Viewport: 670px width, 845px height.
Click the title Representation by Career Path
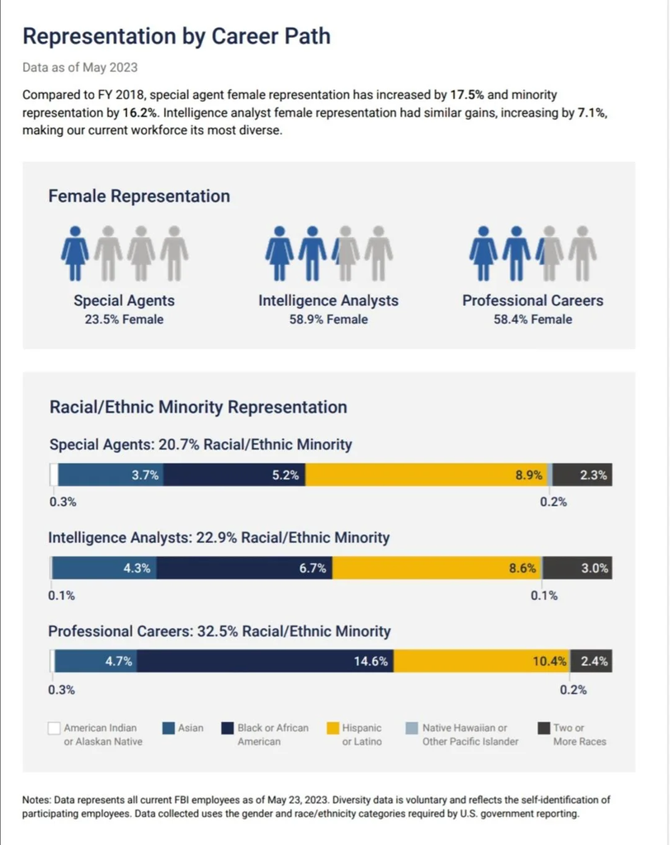click(177, 36)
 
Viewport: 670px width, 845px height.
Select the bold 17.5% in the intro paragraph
click(467, 95)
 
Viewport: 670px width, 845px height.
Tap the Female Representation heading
click(139, 196)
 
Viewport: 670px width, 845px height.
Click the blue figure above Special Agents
click(75, 253)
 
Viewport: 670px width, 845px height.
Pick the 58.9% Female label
click(328, 319)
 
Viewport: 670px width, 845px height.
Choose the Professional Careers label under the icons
click(532, 300)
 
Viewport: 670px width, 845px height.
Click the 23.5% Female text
click(124, 319)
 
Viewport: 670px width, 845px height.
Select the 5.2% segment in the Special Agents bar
click(234, 474)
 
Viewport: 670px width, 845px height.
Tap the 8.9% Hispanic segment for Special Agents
click(427, 474)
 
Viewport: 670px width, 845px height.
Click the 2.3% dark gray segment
click(583, 474)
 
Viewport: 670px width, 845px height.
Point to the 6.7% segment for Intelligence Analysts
click(244, 568)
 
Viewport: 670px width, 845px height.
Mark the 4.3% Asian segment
click(105, 568)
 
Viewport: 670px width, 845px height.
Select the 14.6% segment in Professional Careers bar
click(265, 661)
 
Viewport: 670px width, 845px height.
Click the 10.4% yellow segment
click(481, 661)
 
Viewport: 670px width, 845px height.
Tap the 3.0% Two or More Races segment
click(578, 568)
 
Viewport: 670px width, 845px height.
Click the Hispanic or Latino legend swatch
click(333, 728)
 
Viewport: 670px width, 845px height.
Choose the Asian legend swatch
click(168, 728)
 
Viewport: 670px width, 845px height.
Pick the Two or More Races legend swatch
click(544, 728)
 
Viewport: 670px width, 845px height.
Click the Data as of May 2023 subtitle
click(80, 68)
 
